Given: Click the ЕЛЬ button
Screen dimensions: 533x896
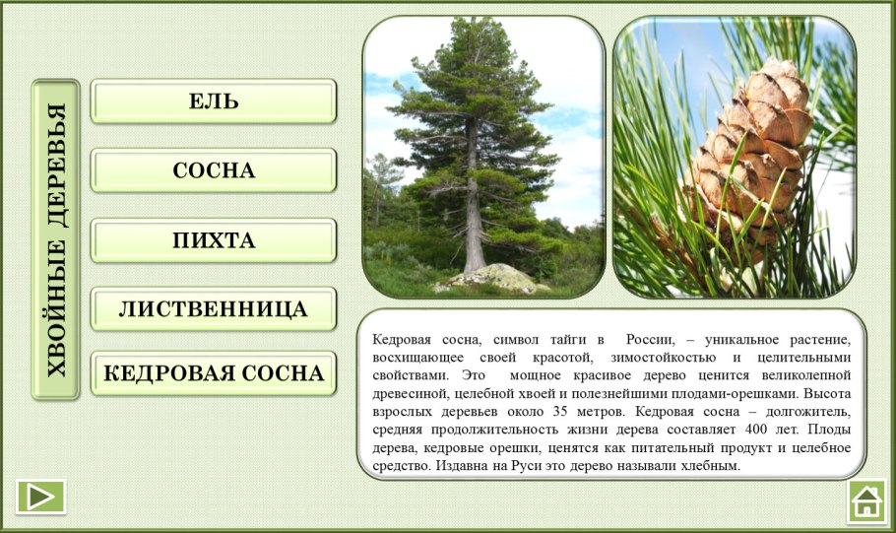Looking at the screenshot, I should click(214, 101).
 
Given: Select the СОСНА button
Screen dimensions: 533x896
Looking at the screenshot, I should click(214, 170).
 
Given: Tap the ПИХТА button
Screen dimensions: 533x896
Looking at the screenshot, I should click(214, 240).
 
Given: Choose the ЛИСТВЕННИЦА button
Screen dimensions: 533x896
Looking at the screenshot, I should click(214, 309).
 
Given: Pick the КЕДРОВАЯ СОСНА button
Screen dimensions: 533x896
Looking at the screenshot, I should click(214, 374).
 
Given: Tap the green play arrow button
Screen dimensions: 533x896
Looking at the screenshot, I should click(40, 497).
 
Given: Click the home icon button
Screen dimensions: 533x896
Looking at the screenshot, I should click(866, 500).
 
